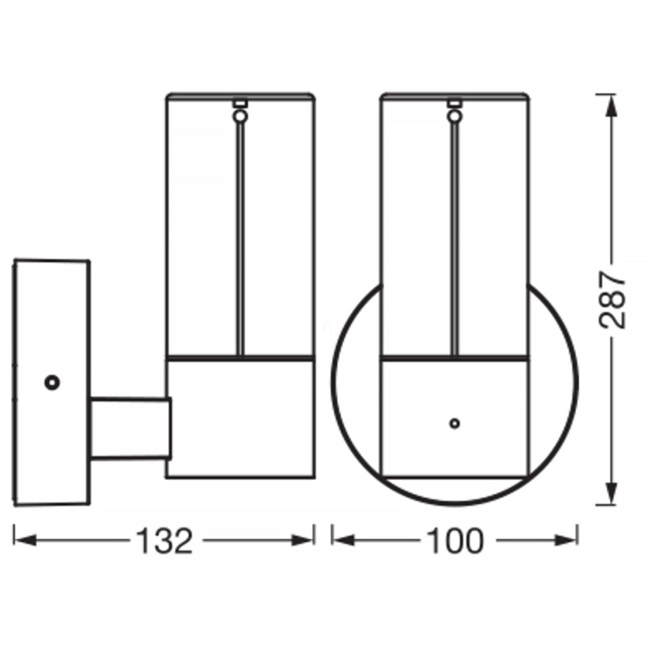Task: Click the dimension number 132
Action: coord(165,541)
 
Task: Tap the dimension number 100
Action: coord(455,541)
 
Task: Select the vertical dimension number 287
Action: coord(612,300)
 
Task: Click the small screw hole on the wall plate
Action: coord(53,383)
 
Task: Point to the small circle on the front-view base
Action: coord(455,423)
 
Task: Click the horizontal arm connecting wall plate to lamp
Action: coord(131,429)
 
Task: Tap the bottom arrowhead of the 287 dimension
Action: coord(612,492)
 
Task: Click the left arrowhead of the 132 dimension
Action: coord(25,540)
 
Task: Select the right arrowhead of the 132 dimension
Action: coord(302,540)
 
